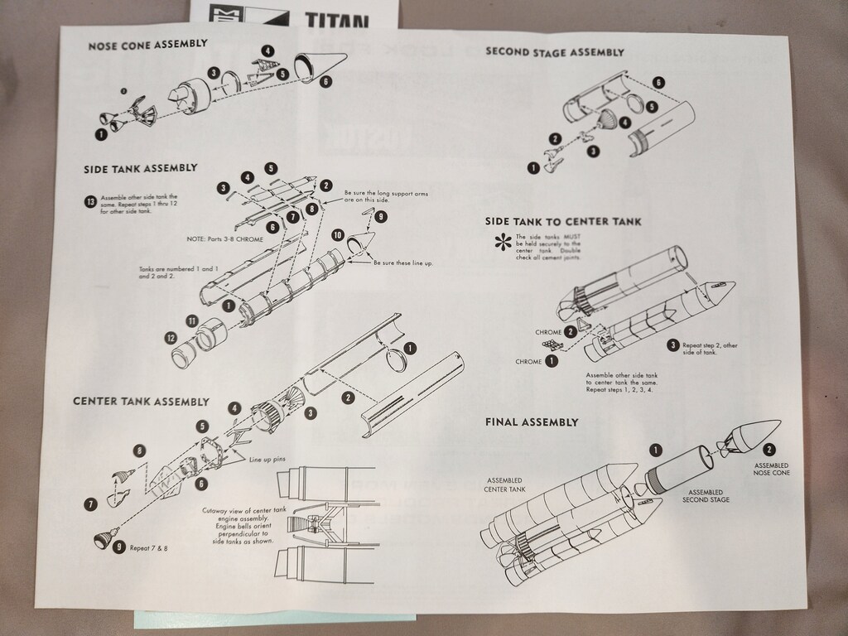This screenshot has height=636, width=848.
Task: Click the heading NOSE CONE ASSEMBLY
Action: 147,45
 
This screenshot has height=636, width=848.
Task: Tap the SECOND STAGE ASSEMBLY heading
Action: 554,52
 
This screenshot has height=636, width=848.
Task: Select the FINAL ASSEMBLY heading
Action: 531,422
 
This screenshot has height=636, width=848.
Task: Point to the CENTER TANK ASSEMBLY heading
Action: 141,402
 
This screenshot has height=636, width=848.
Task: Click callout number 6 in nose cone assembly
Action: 325,81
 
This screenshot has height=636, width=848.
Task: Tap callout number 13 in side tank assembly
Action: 89,201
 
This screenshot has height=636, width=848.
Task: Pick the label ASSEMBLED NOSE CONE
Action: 770,470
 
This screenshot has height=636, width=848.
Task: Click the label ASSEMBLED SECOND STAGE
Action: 706,496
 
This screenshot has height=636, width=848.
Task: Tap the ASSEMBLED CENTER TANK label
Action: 505,484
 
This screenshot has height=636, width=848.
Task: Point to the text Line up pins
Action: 267,457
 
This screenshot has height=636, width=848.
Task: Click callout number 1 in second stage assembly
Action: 533,168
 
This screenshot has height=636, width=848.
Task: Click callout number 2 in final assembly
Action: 769,450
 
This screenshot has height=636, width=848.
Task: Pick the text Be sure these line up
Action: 402,263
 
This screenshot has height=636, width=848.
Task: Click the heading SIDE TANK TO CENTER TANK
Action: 562,222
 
